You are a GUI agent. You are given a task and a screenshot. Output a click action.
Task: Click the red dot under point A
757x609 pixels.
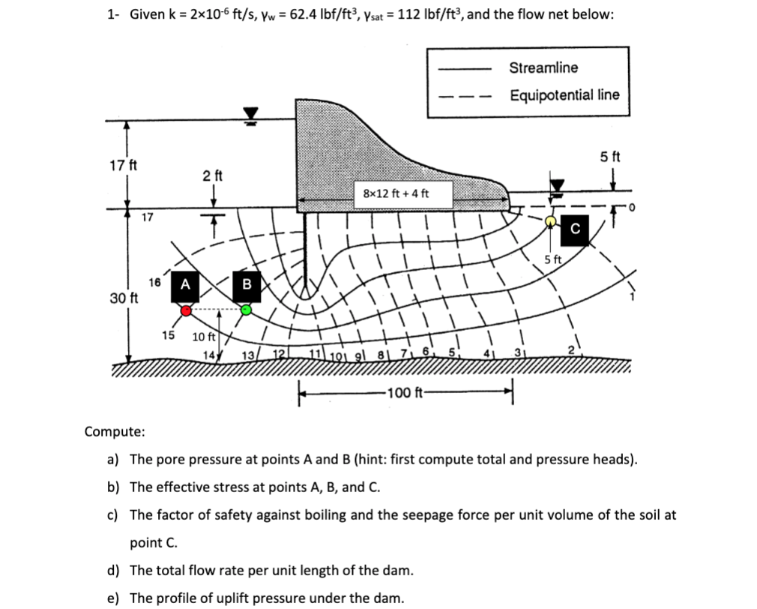(x=187, y=310)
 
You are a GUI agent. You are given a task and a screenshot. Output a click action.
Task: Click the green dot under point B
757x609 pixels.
(x=246, y=309)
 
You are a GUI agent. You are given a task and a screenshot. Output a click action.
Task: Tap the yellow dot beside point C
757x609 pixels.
(x=551, y=220)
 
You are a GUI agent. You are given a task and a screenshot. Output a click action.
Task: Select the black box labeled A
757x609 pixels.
(x=185, y=284)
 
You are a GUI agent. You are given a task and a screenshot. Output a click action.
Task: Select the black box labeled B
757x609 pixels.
(x=246, y=284)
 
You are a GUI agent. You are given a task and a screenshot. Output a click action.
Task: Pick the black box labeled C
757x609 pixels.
(x=576, y=229)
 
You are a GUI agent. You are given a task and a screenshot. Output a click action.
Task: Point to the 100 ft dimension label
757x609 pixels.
(x=405, y=392)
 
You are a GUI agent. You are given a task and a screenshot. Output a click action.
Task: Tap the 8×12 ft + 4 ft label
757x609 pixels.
(x=396, y=193)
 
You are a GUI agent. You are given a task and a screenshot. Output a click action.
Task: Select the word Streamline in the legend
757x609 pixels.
(x=543, y=68)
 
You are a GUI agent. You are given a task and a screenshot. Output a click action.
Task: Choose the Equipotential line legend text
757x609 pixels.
(x=564, y=95)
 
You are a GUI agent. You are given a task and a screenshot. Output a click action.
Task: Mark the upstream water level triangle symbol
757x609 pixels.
(x=250, y=113)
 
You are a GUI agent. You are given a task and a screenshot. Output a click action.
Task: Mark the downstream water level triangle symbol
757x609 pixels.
(x=556, y=184)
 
